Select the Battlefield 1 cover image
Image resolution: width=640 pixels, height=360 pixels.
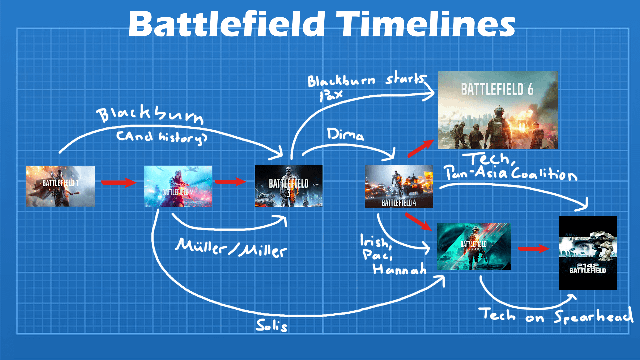tap(60, 186)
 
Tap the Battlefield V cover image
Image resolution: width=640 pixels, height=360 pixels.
tap(178, 186)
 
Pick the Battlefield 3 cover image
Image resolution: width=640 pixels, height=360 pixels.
tap(288, 186)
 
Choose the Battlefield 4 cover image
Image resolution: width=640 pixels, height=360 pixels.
tap(399, 187)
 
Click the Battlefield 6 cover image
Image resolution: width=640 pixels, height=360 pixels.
tap(497, 110)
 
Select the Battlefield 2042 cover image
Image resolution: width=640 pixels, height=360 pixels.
tap(473, 246)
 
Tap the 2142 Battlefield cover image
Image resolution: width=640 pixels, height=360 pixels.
tap(588, 253)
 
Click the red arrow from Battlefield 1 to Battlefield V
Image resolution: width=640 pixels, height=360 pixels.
tap(119, 182)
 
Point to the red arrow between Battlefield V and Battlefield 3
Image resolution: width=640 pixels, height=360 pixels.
tap(230, 182)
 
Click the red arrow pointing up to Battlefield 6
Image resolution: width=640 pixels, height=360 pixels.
tap(421, 148)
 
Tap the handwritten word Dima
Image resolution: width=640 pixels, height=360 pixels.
tap(345, 134)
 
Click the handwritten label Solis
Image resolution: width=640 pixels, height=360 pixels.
tap(271, 325)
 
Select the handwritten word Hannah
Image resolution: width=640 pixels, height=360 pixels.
tap(399, 269)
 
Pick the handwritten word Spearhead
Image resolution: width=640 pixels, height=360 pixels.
tap(593, 316)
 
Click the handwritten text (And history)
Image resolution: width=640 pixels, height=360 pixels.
tap(161, 137)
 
